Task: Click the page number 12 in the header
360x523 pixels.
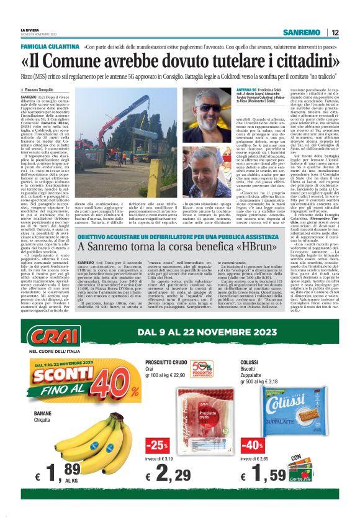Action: click(x=335, y=33)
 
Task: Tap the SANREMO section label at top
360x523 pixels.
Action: click(x=301, y=33)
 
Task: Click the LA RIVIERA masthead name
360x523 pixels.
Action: click(x=29, y=29)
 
